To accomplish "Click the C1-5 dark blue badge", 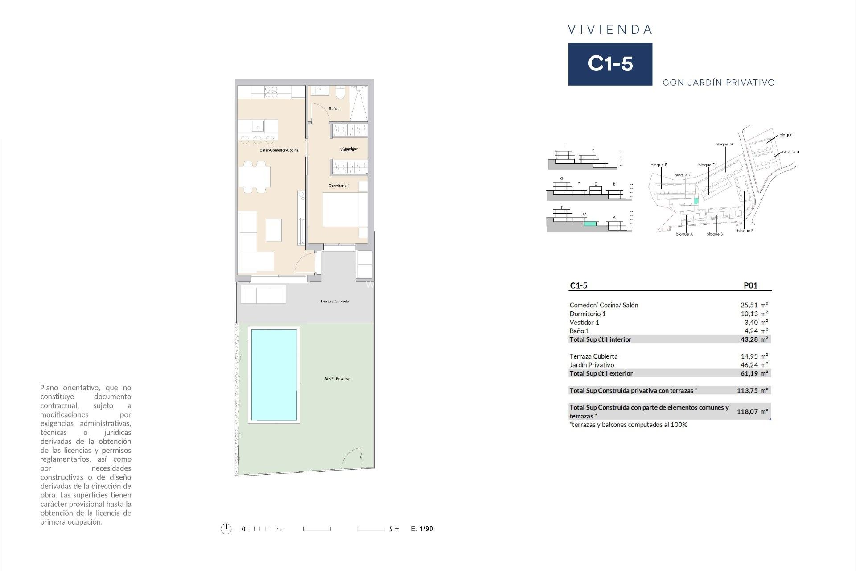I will [610, 64].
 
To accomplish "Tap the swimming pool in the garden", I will [274, 375].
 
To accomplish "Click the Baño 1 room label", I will [334, 109].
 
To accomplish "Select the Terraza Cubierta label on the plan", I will [334, 302].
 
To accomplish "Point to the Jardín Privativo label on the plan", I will [337, 379].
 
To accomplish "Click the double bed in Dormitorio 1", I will [345, 209].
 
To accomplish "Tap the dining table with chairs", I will [255, 177].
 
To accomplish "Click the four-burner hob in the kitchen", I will [272, 92].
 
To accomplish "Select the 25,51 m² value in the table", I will [754, 305].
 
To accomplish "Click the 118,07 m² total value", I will [752, 411].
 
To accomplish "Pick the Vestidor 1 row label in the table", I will [584, 322].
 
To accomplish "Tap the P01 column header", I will [750, 286].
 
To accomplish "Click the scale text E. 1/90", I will [422, 529].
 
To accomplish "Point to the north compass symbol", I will [226, 529].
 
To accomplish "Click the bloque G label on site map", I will [724, 144].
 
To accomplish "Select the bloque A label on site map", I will [684, 234].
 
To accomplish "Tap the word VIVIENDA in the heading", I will [610, 30].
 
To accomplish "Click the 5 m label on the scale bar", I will [394, 529].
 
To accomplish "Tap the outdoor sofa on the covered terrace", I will [263, 295].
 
